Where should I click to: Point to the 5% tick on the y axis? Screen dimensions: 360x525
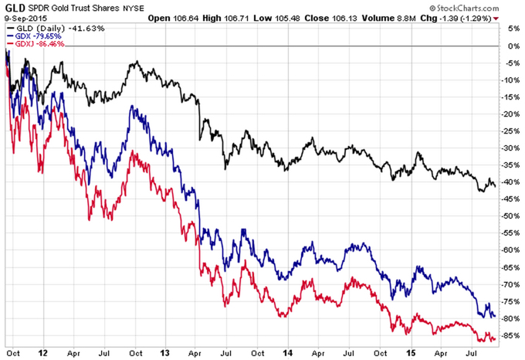(507, 29)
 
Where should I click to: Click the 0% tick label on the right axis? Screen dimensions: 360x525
(507, 46)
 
